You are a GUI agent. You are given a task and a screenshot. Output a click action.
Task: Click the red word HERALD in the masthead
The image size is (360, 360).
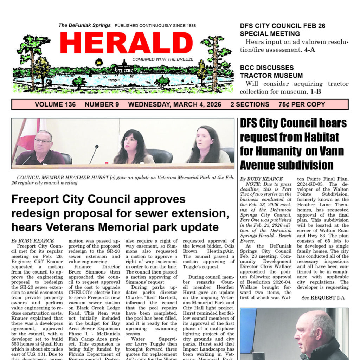126,43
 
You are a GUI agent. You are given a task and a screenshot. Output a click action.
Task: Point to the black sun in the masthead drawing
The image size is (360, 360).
99,62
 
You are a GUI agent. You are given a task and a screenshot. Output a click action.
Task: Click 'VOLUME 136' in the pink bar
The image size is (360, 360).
50,104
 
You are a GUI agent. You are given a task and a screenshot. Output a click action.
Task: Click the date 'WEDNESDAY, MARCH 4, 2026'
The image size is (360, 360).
174,104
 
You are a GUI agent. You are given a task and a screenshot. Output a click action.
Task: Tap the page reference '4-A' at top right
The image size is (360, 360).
310,50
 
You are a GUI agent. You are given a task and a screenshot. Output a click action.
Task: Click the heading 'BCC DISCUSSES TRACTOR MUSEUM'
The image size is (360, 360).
271,71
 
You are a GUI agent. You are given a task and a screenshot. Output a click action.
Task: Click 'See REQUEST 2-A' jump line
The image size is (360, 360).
323,298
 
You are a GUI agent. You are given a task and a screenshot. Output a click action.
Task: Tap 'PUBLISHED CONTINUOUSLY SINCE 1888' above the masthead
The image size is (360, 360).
155,26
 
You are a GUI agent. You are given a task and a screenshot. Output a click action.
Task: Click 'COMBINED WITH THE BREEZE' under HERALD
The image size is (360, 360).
163,59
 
